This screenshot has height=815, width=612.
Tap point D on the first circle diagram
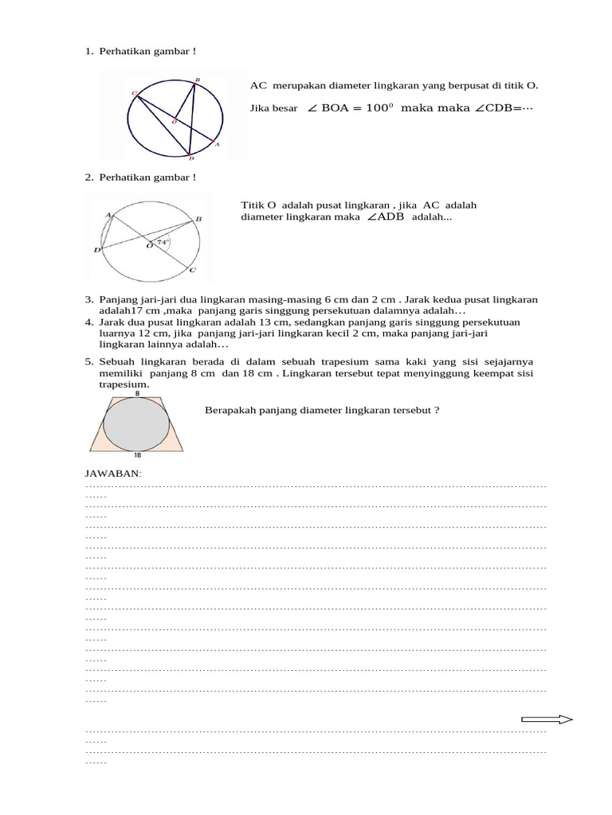191,158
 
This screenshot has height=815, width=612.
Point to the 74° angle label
163,241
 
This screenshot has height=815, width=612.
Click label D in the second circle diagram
96,250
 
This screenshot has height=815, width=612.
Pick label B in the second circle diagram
198,219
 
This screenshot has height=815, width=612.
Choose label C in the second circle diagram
192,271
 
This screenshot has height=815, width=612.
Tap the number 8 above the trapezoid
137,393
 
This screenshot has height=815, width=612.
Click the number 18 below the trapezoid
137,456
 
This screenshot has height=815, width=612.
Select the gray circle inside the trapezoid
137,424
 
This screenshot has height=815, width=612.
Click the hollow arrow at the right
547,719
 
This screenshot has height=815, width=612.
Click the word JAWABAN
112,474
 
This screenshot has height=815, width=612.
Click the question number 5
89,361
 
